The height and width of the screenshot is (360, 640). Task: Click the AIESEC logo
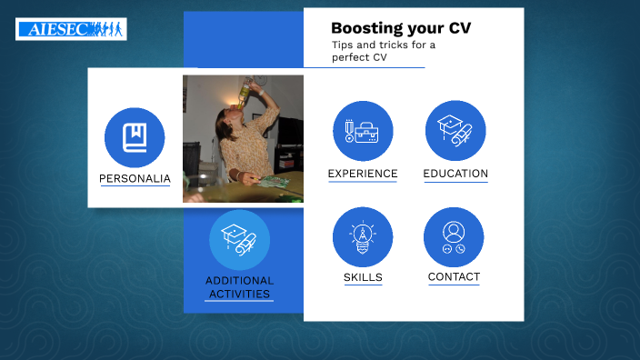tap(71, 29)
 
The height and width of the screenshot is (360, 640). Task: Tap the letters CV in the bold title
tap(460, 28)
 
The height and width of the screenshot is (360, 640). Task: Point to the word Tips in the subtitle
tap(342, 45)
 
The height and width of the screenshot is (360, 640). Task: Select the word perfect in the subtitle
tap(350, 57)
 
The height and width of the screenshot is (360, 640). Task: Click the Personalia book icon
tap(135, 137)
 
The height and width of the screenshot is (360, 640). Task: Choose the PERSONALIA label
tap(135, 179)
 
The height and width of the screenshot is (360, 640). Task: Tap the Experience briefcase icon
tap(363, 131)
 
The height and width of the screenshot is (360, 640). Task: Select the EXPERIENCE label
tap(363, 174)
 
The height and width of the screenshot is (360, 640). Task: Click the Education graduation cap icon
tap(455, 131)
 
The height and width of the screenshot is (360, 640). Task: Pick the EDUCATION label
tap(455, 174)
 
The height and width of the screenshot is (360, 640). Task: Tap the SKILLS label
tap(363, 277)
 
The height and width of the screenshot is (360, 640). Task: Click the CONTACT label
tap(454, 277)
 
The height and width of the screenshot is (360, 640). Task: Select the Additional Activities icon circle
tap(239, 240)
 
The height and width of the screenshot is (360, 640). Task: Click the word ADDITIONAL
tap(239, 281)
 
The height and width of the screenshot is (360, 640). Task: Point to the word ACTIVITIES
tap(239, 294)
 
